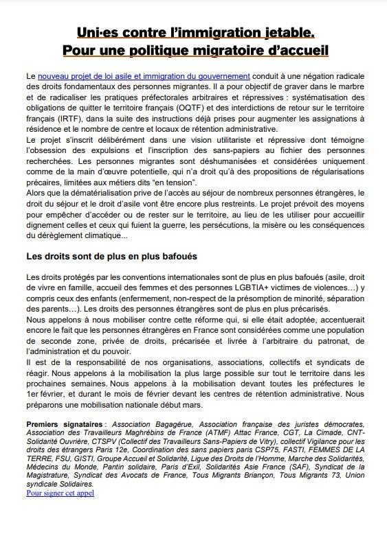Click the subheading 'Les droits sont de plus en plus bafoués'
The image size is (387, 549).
coord(112,256)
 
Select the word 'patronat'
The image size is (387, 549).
coord(339,342)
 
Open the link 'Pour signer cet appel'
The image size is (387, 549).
coord(60,492)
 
